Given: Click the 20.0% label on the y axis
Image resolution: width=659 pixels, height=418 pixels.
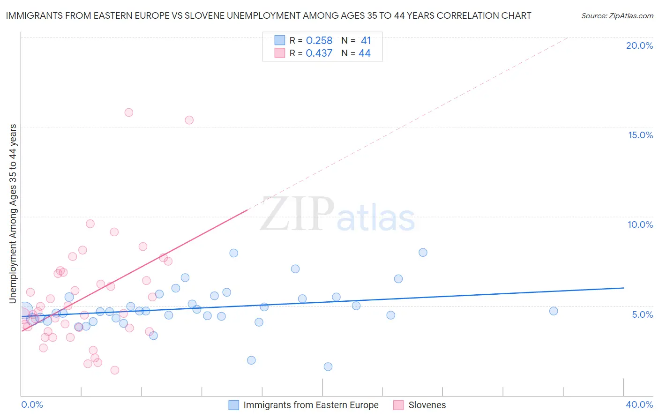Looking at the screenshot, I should [x=639, y=45].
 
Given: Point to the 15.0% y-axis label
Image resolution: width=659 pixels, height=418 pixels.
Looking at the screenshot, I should [x=640, y=135].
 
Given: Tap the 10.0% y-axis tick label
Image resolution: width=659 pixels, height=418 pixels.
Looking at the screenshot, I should [x=640, y=224].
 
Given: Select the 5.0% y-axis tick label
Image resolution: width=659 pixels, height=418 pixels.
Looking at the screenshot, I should [x=642, y=314].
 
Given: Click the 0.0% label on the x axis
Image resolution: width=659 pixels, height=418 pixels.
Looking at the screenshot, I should [x=32, y=404].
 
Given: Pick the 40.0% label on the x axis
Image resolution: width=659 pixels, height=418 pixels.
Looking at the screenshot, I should [x=639, y=404].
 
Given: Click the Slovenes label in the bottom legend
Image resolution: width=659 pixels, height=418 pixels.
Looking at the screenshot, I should [x=427, y=405].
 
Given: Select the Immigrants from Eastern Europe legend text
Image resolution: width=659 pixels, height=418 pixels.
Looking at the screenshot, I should [x=311, y=405].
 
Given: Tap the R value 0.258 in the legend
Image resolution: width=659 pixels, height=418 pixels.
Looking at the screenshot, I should [x=319, y=41].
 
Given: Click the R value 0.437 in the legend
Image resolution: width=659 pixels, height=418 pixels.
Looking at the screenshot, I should [x=319, y=53].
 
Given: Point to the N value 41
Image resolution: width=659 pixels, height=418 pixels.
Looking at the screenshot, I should [x=366, y=41].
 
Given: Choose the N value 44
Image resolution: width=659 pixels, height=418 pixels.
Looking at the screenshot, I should [x=364, y=53].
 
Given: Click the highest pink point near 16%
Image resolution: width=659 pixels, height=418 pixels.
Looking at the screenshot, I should [x=129, y=112].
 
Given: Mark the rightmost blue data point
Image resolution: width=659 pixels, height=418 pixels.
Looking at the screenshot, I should [x=554, y=311].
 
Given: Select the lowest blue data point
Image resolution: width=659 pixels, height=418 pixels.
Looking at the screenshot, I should [x=328, y=366].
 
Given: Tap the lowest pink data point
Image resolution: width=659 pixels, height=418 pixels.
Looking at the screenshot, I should [x=115, y=370].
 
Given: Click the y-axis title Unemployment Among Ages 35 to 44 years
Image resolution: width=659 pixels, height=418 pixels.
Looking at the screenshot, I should [x=13, y=214].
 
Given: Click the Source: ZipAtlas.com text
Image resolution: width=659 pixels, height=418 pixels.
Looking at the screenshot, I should [x=617, y=16].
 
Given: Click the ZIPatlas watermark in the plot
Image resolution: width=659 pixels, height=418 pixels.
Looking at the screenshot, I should [x=337, y=215].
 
